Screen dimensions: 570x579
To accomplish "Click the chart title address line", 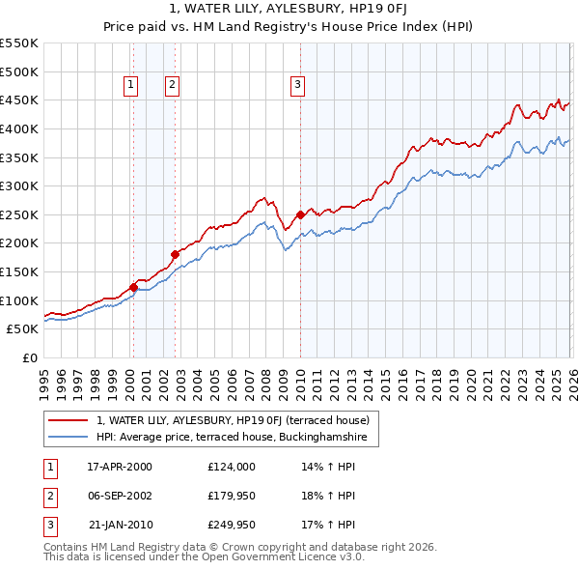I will (289, 10).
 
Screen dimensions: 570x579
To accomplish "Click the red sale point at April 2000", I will (133, 286).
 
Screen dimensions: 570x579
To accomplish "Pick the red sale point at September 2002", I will (175, 254).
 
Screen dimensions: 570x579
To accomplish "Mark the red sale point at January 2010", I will (300, 214).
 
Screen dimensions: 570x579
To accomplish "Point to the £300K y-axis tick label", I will (19, 185).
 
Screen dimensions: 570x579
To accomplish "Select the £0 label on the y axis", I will (29, 357).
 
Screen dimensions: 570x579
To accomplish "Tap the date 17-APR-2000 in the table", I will (120, 466).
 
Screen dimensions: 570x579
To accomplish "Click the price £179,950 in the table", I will (233, 496).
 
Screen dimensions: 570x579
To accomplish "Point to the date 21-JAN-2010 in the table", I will (120, 526).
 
